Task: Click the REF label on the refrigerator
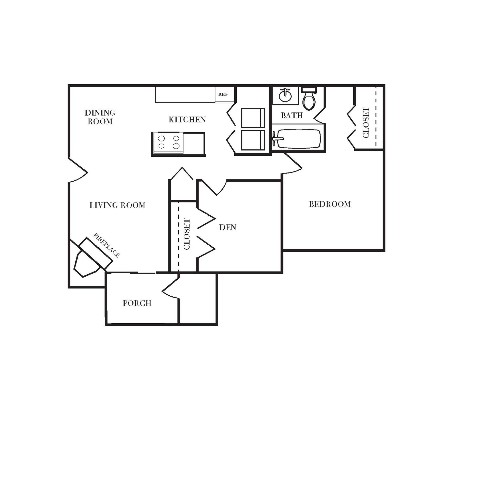tap(223, 94)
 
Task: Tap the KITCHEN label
tap(187, 120)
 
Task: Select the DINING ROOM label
tap(100, 117)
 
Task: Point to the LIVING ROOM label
tap(117, 205)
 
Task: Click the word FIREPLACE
tap(106, 245)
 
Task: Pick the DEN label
tap(228, 227)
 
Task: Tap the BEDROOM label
tap(330, 204)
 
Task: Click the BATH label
tap(292, 115)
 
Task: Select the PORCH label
tap(137, 303)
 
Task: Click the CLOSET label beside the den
tap(187, 234)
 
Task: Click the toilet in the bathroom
tap(309, 101)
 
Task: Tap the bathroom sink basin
tap(285, 96)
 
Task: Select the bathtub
tap(299, 139)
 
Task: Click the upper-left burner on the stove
tap(161, 138)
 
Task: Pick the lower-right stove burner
tap(176, 146)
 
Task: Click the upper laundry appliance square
tap(253, 118)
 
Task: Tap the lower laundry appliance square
tap(253, 140)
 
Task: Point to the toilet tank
tap(309, 90)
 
